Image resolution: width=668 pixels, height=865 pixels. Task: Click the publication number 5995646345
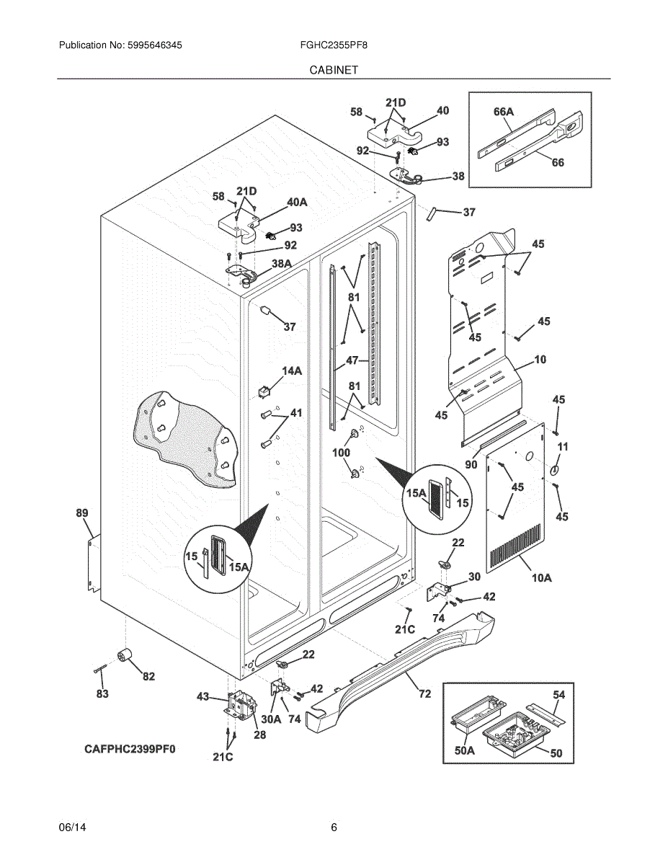155,45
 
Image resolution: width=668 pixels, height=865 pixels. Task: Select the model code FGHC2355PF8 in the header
334,45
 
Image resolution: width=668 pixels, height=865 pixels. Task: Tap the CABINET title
334,70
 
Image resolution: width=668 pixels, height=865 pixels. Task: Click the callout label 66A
504,112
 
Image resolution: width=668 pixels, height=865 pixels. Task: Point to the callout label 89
82,513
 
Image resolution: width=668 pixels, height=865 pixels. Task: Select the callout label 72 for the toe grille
425,694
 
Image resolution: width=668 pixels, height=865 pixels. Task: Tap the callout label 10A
542,577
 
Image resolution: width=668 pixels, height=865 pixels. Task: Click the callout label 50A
465,751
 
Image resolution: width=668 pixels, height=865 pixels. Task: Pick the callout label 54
559,695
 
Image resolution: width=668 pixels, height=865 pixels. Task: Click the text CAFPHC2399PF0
130,749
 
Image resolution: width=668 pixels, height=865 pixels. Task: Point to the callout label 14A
292,371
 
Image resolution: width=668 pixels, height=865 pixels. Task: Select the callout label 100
341,453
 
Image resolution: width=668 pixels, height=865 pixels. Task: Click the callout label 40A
297,203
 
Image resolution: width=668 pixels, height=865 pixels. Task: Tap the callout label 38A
282,263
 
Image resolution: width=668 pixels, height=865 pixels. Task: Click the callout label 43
203,696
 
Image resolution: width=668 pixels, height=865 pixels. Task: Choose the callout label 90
471,464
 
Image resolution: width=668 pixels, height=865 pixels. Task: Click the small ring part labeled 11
556,471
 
